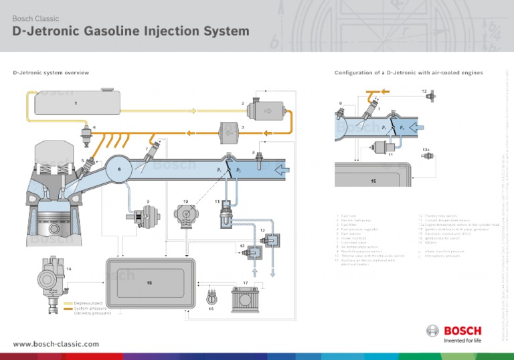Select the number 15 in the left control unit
[x=149, y=283]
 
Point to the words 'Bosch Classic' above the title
[x=33, y=18]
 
